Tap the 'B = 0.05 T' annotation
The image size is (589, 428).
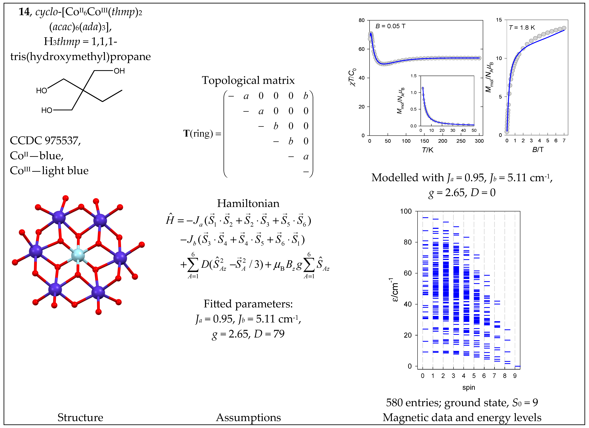coord(390,26)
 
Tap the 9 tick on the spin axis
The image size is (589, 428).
coord(515,376)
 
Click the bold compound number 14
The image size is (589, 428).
coord(24,12)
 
